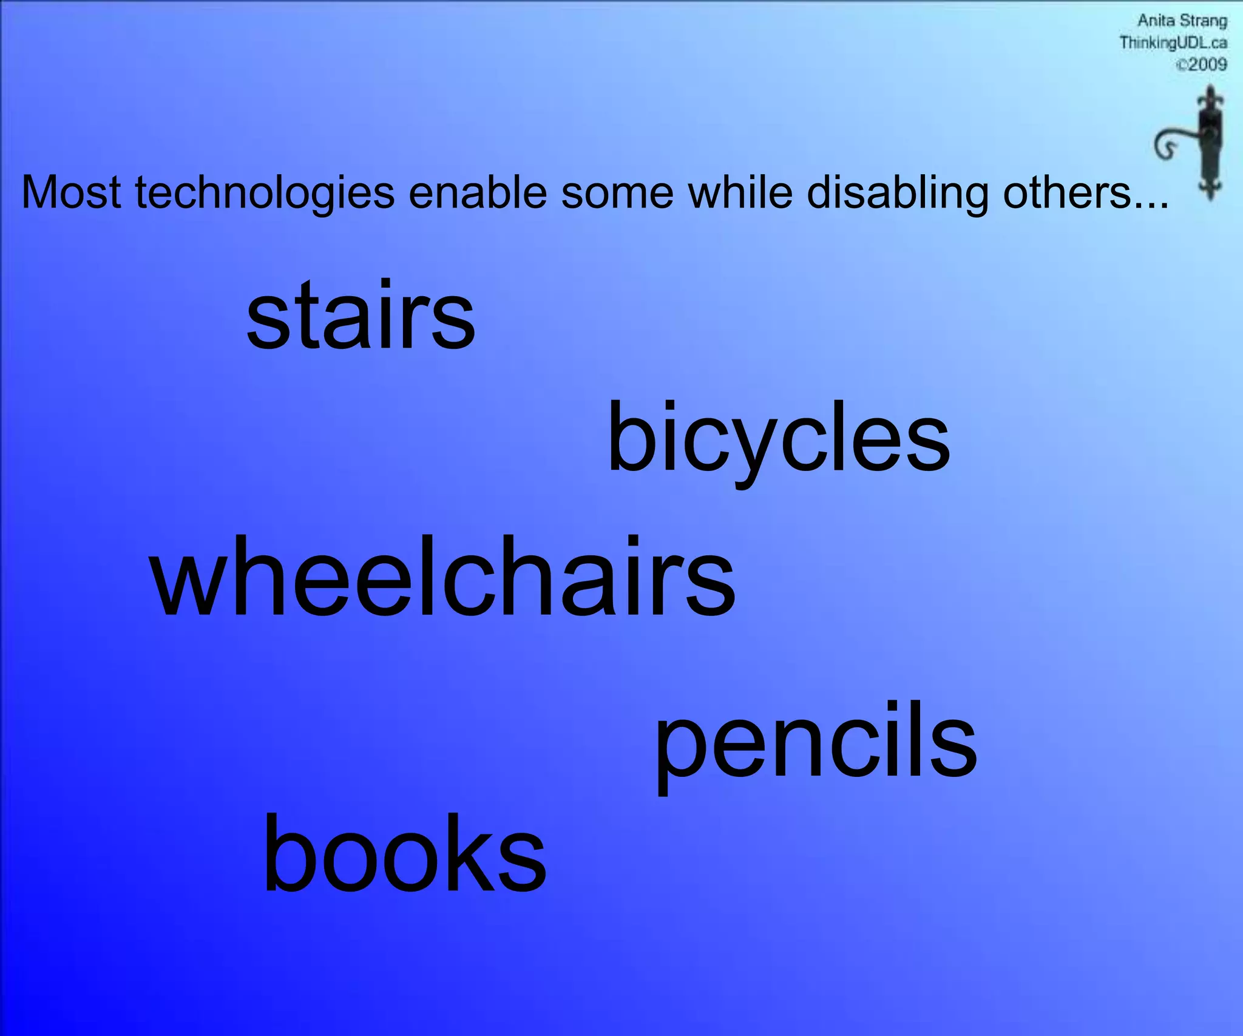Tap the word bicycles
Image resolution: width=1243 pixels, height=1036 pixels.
tap(778, 438)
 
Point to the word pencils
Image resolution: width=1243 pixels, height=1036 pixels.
tap(815, 742)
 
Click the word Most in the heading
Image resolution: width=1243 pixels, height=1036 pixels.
tap(71, 193)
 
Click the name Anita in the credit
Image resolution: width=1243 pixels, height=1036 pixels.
tap(1156, 21)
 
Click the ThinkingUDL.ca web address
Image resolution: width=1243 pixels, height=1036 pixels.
tap(1173, 43)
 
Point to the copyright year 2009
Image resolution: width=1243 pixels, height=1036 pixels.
tap(1207, 64)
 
